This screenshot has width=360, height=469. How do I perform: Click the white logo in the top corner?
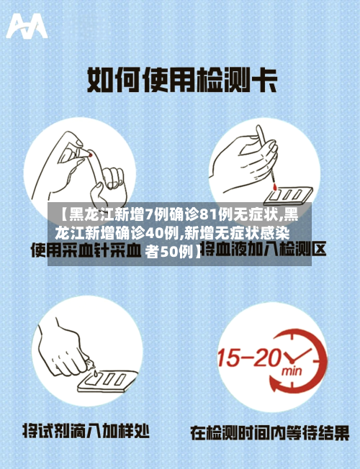coord(27,27)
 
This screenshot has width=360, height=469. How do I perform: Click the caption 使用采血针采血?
coord(85,252)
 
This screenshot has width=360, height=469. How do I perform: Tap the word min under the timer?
coord(292,373)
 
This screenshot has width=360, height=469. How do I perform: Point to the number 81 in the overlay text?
coord(209,214)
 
